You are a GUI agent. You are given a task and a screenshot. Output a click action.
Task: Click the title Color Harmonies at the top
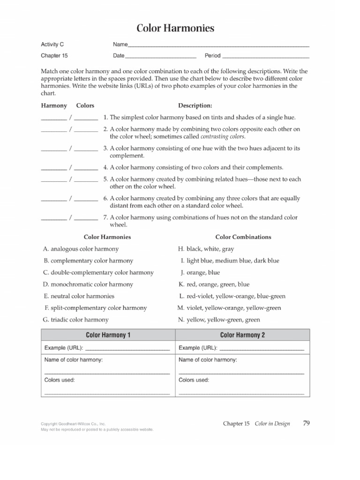(175, 29)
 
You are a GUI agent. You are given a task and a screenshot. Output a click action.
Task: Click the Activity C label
(52, 45)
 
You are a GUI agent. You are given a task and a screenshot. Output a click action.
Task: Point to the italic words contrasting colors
(222, 136)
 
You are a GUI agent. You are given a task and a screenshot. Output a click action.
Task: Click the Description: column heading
(195, 105)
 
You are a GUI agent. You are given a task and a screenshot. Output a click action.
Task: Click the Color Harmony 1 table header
(108, 335)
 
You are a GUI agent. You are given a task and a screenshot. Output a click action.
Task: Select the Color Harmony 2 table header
(242, 335)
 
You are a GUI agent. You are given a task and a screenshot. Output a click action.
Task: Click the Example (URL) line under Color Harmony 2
(261, 349)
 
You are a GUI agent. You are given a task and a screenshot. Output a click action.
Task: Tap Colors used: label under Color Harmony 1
(60, 380)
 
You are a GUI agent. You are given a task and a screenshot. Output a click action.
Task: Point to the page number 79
(306, 423)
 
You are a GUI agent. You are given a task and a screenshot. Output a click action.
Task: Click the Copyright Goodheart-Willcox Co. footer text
(73, 423)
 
